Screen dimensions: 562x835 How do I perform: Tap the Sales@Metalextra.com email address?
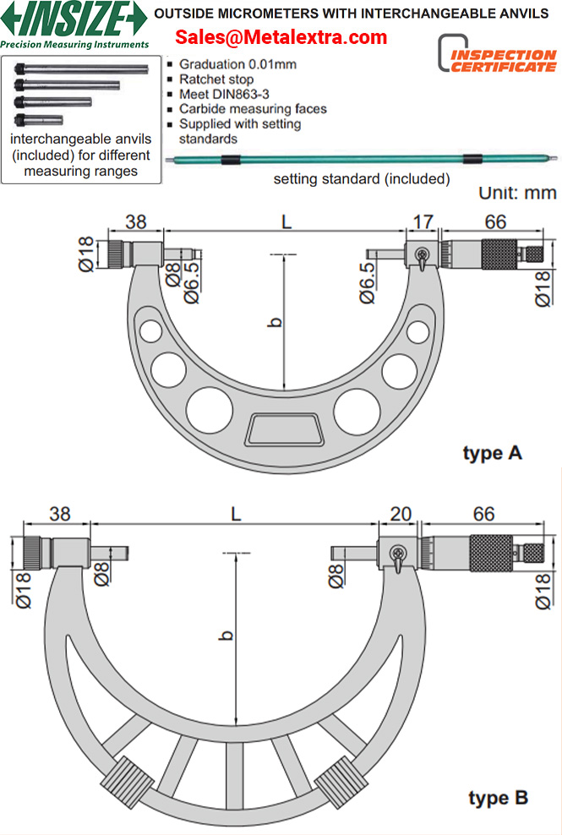click(281, 36)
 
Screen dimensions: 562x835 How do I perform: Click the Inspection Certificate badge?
click(497, 54)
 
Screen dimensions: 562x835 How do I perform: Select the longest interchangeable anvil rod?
click(81, 68)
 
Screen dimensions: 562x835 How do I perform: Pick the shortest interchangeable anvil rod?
click(39, 120)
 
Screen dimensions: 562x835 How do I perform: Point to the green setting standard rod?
click(362, 158)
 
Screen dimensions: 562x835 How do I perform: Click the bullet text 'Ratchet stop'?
click(216, 79)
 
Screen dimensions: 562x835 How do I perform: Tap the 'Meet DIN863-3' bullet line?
click(224, 95)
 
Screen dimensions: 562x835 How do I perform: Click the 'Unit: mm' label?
click(517, 193)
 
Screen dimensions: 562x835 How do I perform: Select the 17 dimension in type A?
click(423, 221)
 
